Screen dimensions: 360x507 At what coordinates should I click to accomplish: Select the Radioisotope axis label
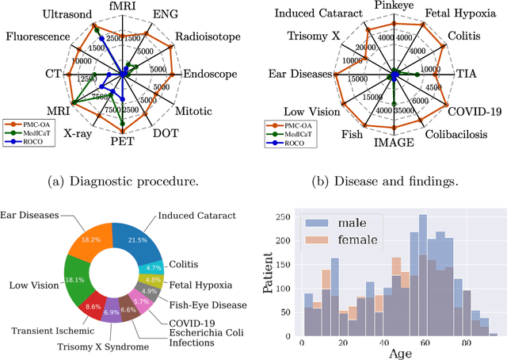[201, 36]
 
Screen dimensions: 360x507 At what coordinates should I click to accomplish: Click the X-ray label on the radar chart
[77, 134]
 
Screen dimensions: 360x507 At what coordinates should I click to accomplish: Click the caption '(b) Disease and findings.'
[384, 181]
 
